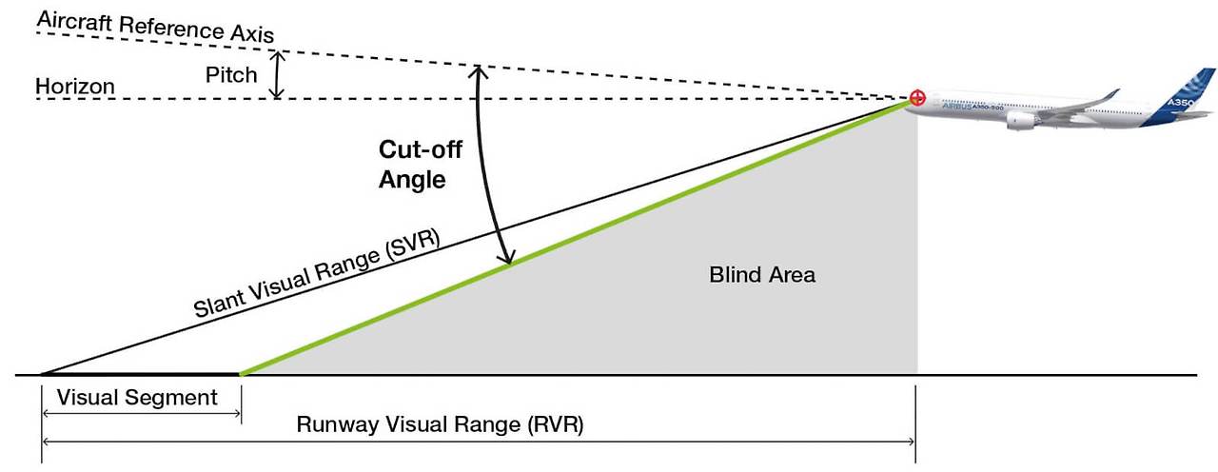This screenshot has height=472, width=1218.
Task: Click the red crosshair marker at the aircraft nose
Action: coord(916,97)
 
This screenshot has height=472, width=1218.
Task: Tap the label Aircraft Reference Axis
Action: coord(155,28)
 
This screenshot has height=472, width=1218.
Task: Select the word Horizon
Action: coord(75,87)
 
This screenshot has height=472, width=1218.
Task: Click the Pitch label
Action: coord(231,73)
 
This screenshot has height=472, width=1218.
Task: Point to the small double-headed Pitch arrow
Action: coord(277,75)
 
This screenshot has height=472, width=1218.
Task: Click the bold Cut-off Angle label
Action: coord(412,164)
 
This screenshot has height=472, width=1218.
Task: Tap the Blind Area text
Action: coord(762,275)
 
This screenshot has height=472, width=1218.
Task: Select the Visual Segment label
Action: coord(137,398)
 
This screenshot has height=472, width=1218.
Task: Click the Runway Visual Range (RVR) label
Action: coord(440,424)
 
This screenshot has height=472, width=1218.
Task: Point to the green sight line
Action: coord(571,238)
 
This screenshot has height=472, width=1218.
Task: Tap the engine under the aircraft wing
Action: coord(1020,121)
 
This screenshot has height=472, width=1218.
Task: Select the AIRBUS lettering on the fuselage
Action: coord(955,108)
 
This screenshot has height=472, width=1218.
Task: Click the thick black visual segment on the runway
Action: coord(143,374)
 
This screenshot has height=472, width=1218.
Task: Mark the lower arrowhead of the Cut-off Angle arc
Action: coord(508,259)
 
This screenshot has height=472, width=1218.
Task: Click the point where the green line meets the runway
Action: coord(242,374)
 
